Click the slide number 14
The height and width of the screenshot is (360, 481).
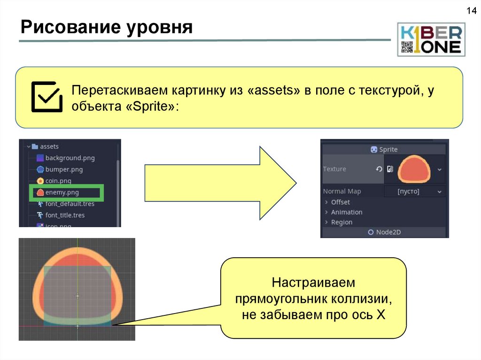pyautogui.click(x=470, y=10)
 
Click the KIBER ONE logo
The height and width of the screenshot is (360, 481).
pyautogui.click(x=431, y=39)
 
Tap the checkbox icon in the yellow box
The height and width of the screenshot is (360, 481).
pyautogui.click(x=46, y=97)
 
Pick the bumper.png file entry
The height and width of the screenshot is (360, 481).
pyautogui.click(x=64, y=169)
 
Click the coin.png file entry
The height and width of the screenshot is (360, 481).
pyautogui.click(x=58, y=181)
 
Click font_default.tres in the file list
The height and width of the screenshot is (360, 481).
pyautogui.click(x=70, y=204)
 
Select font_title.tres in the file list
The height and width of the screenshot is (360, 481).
pyautogui.click(x=65, y=215)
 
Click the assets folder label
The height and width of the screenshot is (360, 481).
pyautogui.click(x=49, y=146)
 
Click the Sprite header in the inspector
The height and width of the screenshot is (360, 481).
pyautogui.click(x=384, y=149)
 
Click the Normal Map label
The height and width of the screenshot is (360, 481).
pyautogui.click(x=341, y=191)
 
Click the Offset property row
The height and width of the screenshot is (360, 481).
pyautogui.click(x=340, y=202)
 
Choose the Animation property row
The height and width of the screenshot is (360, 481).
pyautogui.click(x=346, y=212)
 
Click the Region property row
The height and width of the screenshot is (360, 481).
pyautogui.click(x=341, y=222)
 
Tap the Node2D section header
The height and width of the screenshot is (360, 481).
pyautogui.click(x=384, y=232)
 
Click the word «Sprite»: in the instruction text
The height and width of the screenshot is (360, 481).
pyautogui.click(x=152, y=107)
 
